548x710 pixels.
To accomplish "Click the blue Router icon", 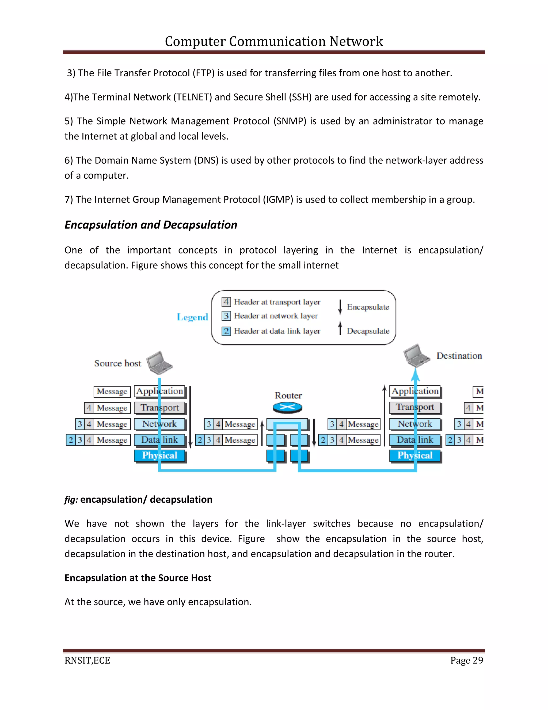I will pyautogui.click(x=287, y=407).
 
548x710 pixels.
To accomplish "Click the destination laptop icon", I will pyautogui.click(x=416, y=355).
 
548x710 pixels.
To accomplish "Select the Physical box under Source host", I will pyautogui.click(x=159, y=455).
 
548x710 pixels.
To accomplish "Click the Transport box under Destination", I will pyautogui.click(x=415, y=407).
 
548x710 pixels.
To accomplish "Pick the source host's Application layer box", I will pyautogui.click(x=159, y=391).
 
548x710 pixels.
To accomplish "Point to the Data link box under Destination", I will pyautogui.click(x=415, y=440).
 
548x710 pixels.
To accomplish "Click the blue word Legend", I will pyautogui.click(x=192, y=317).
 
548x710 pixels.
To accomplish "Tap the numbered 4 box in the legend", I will pyautogui.click(x=226, y=302).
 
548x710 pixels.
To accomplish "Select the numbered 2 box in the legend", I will pyautogui.click(x=226, y=331).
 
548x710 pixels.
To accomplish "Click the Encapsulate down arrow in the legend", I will pyautogui.click(x=340, y=307).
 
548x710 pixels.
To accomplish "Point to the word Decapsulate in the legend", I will pyautogui.click(x=368, y=331).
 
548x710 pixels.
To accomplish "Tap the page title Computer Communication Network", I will pyautogui.click(x=274, y=41).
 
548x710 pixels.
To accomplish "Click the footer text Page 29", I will pyautogui.click(x=466, y=660).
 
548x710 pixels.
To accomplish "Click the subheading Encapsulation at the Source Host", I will pyautogui.click(x=138, y=578).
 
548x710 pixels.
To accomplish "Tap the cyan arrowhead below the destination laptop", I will pyautogui.click(x=415, y=375).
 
